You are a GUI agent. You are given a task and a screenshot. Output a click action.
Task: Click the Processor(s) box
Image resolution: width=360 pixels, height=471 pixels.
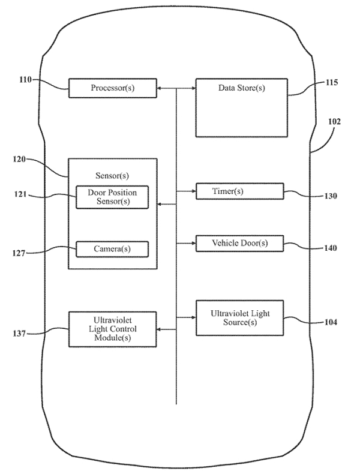113,88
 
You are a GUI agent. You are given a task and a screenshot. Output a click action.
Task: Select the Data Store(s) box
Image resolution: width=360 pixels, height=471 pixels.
241,108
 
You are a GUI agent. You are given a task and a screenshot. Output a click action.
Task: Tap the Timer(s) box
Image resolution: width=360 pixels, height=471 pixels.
239,191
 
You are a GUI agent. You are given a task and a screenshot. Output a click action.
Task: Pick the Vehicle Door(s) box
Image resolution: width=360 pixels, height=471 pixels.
239,244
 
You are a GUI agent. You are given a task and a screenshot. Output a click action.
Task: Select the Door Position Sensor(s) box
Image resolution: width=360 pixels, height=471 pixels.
112,197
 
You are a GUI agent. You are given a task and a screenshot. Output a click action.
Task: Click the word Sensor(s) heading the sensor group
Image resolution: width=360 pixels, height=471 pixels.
112,176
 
